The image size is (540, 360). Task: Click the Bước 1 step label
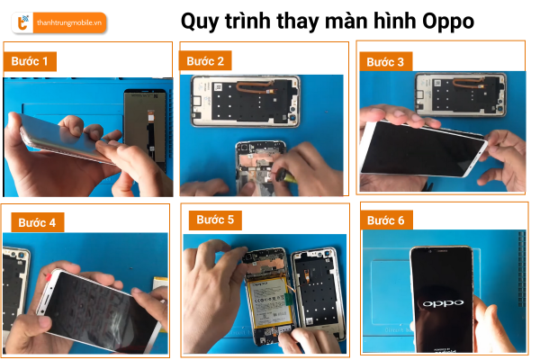click(30, 61)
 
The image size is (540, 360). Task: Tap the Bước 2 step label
click(205, 61)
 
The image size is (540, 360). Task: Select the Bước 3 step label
click(385, 62)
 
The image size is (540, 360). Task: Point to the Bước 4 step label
click(37, 222)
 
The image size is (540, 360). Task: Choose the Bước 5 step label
click(215, 220)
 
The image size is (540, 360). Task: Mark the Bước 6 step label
click(386, 220)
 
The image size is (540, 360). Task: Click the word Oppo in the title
click(448, 22)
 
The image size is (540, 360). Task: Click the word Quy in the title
click(200, 22)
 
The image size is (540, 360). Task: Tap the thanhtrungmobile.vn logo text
click(69, 23)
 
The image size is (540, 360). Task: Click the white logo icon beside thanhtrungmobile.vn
click(22, 22)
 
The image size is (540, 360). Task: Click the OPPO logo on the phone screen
click(443, 303)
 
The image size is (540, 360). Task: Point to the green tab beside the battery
click(289, 298)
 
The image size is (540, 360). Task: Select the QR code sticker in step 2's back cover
click(218, 86)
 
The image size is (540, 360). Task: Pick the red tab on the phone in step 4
click(48, 276)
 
